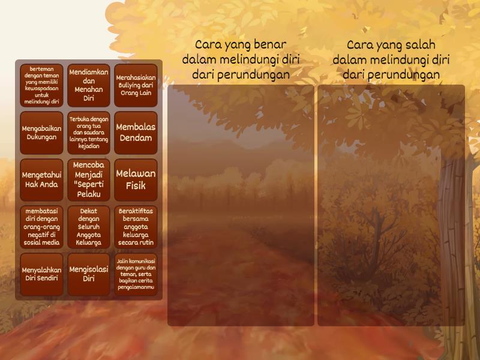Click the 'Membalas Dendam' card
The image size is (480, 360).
[136, 133]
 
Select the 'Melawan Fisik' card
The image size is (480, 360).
[136, 179]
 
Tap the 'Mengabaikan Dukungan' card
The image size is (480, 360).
[41, 133]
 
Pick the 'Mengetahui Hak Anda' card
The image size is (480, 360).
[41, 179]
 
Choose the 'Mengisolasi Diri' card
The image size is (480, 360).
[89, 274]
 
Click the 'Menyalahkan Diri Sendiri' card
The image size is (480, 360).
[41, 274]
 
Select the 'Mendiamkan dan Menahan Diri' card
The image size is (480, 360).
[89, 85]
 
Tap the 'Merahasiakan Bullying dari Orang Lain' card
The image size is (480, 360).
[136, 85]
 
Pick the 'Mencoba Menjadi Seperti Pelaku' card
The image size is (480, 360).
[89, 179]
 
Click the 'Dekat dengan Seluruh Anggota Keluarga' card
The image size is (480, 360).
[89, 227]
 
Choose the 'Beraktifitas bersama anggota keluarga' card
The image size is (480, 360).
[136, 227]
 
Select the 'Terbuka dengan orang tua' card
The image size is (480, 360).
[89, 133]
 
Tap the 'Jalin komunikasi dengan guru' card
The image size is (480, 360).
[136, 274]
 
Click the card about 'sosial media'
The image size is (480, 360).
[41, 227]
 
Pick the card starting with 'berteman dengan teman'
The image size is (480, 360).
[41, 85]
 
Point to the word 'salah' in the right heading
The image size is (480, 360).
[422, 44]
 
